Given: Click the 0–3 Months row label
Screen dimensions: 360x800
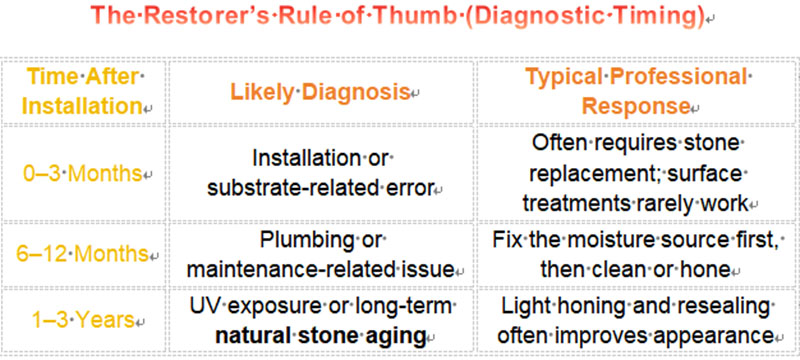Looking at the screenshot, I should [x=80, y=172].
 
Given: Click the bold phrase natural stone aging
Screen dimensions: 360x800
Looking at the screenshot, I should [x=323, y=335].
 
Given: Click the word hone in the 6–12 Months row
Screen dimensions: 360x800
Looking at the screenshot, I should [x=718, y=271].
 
